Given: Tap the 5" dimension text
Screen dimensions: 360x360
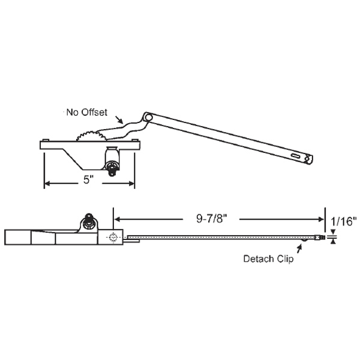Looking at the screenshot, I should (88, 179).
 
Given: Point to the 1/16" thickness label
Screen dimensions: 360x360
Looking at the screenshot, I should (344, 220).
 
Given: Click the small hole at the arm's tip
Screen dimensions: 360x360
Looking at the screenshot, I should (309, 158).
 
